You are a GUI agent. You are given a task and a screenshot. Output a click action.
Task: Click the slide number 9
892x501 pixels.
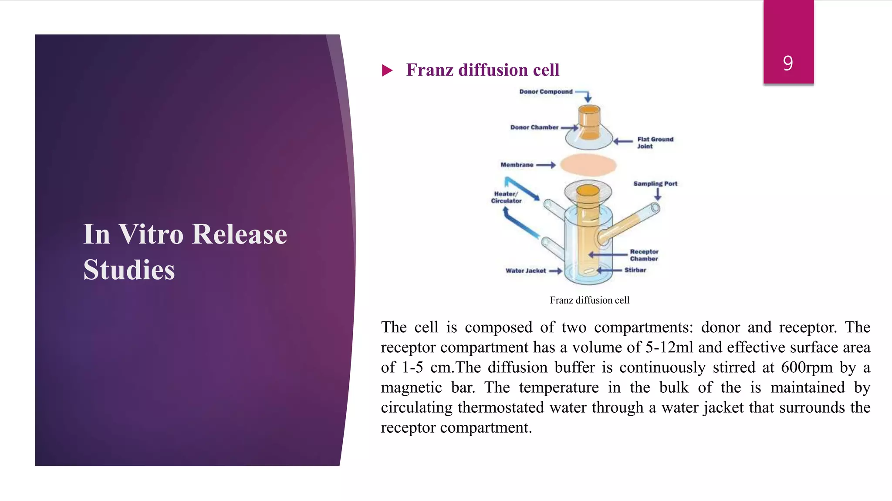click(x=788, y=63)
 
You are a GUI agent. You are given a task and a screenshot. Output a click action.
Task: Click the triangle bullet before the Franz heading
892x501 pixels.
click(x=387, y=70)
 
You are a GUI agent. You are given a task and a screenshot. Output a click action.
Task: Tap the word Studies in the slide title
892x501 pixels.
click(x=129, y=270)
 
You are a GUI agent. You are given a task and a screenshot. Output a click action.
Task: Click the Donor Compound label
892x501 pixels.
click(x=546, y=92)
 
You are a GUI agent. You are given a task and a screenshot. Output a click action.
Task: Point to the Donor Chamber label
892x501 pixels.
click(x=534, y=127)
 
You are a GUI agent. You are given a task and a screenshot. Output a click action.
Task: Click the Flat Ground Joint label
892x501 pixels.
click(x=655, y=143)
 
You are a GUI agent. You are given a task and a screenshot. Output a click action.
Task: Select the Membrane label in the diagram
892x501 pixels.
click(x=517, y=165)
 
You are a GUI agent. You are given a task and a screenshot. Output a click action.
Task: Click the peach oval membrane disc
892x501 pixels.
click(x=588, y=165)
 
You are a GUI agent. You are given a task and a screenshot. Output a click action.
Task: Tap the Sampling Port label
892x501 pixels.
click(x=655, y=184)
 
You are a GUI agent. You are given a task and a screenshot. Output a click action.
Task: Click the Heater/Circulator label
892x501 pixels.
click(x=506, y=197)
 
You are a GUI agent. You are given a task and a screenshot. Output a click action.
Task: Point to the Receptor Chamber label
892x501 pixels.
click(x=644, y=255)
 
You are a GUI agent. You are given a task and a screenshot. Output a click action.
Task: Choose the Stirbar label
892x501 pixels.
click(x=635, y=270)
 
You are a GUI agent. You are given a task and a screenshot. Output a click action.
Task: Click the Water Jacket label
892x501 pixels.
click(x=525, y=271)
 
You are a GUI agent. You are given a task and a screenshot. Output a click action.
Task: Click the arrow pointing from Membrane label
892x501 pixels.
click(x=546, y=165)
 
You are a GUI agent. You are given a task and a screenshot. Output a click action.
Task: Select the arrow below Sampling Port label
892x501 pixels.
click(x=658, y=194)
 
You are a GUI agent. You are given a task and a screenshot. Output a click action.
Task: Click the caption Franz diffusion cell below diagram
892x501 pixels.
click(x=589, y=300)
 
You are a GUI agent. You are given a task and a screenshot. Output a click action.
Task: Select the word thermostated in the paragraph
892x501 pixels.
click(x=501, y=407)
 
